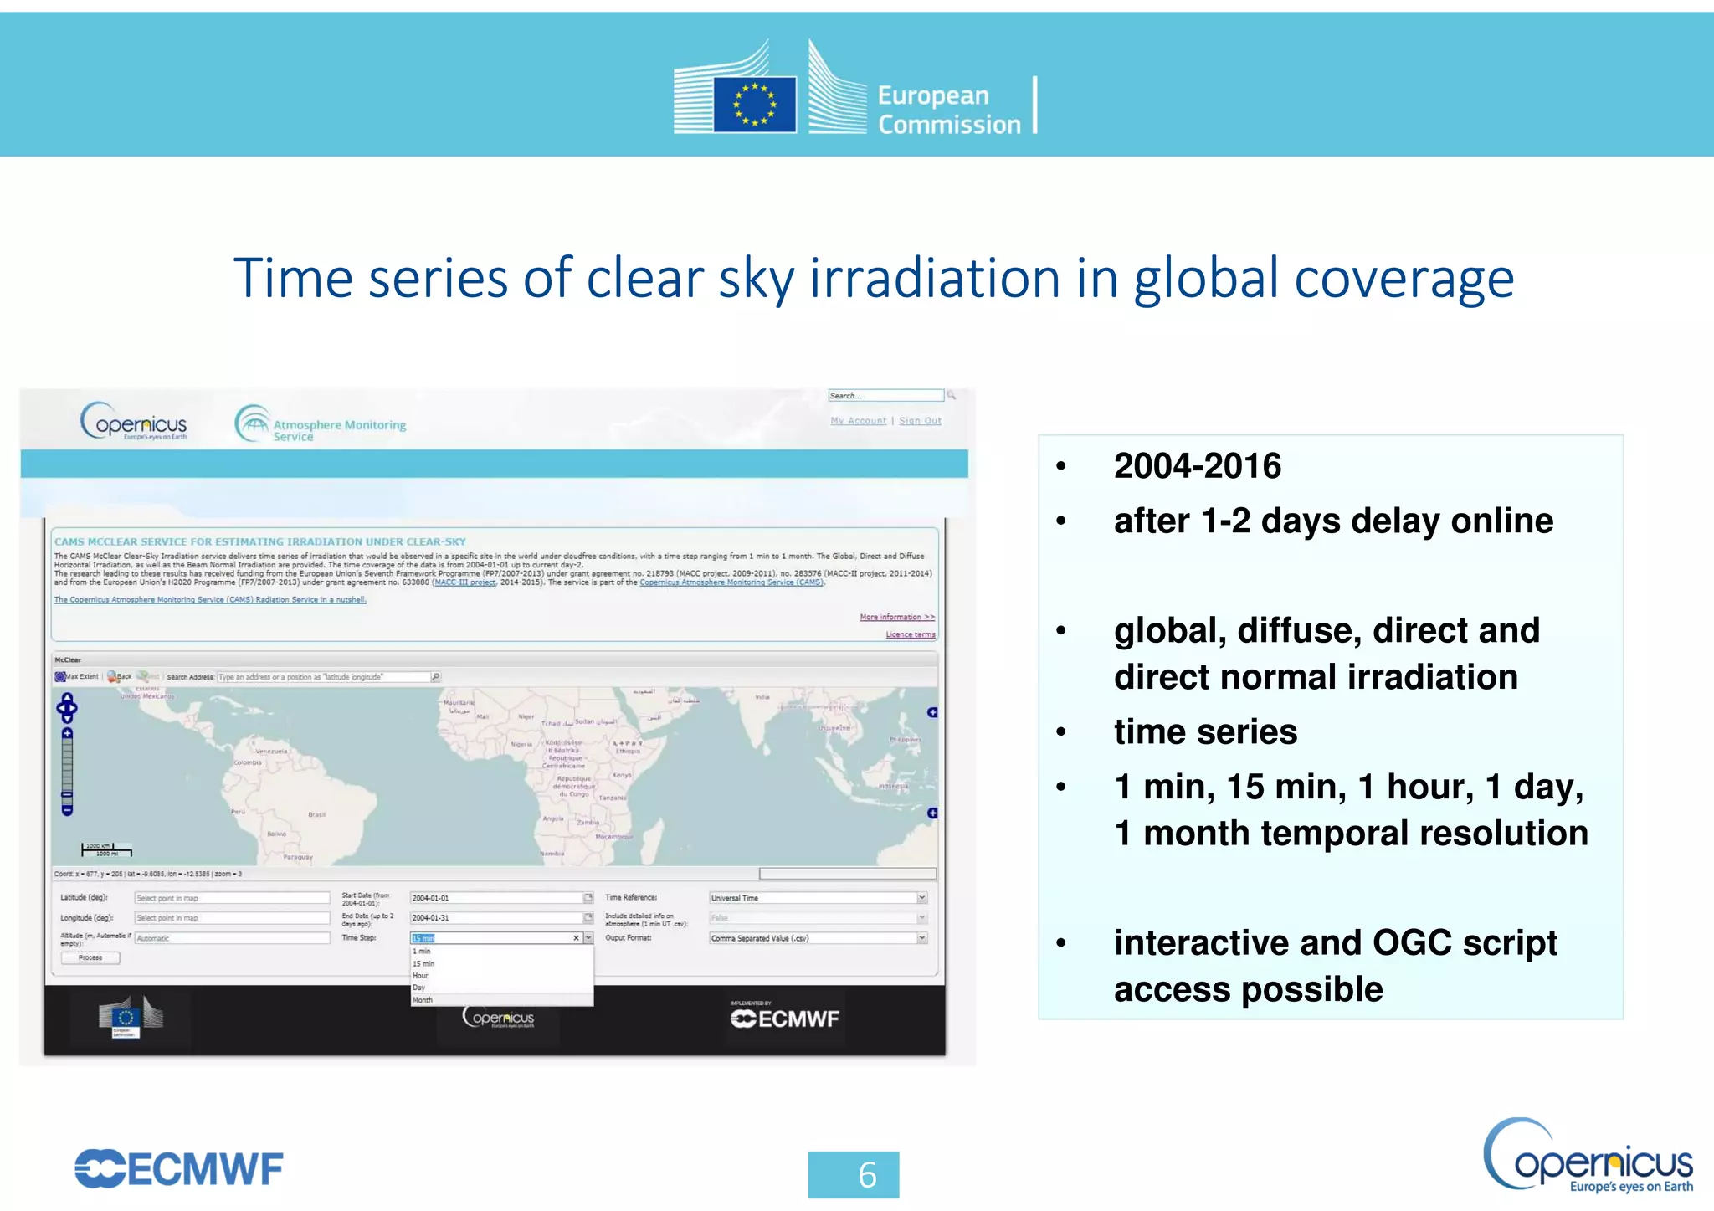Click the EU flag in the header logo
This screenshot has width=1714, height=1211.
(754, 105)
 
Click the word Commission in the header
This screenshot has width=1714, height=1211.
(949, 125)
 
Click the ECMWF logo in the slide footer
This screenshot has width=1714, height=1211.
(179, 1169)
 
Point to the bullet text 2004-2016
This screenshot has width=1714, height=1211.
(1197, 466)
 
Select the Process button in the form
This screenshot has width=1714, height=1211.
(90, 958)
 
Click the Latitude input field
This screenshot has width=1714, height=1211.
(232, 898)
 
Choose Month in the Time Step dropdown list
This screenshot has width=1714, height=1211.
(423, 1000)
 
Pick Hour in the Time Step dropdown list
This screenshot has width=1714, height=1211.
(420, 976)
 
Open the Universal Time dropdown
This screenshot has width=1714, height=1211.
(817, 898)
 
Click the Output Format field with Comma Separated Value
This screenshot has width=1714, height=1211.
(817, 938)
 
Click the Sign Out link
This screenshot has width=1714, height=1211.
(920, 421)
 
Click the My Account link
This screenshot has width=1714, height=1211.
(858, 421)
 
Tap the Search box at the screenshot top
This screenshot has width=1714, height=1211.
(885, 395)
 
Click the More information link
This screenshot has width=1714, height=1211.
(896, 617)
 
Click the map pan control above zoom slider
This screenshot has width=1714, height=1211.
(67, 707)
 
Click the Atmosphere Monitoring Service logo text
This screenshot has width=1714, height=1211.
(339, 429)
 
